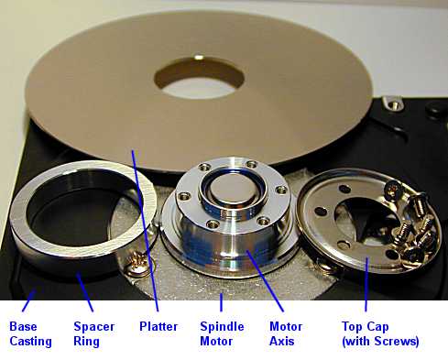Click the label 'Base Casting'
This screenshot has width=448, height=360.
click(30, 333)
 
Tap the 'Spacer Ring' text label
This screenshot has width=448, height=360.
click(94, 333)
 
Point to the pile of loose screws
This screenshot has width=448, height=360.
click(409, 224)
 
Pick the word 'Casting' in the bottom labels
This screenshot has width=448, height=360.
click(30, 342)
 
